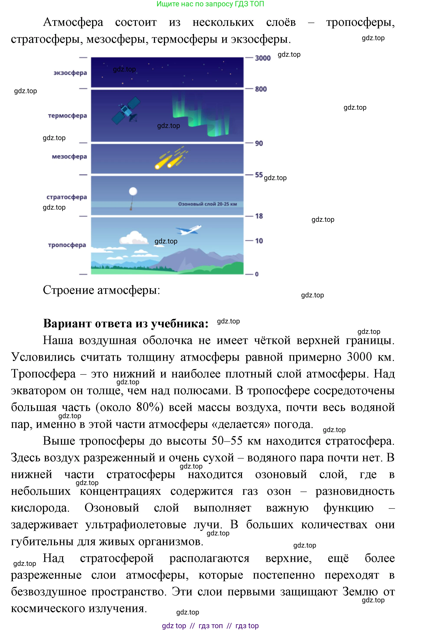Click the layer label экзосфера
click(x=70, y=73)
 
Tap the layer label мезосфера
click(x=69, y=157)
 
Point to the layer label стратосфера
click(x=67, y=197)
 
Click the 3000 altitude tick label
click(x=262, y=58)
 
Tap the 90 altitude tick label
click(x=259, y=143)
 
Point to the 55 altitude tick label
click(x=259, y=175)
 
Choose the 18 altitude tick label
click(x=259, y=216)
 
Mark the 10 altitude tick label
click(x=259, y=241)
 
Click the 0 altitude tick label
click(x=257, y=274)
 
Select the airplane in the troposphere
click(x=188, y=230)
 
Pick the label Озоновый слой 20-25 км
click(x=207, y=204)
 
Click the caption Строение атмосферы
click(x=101, y=290)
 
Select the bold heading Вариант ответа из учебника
click(x=126, y=323)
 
